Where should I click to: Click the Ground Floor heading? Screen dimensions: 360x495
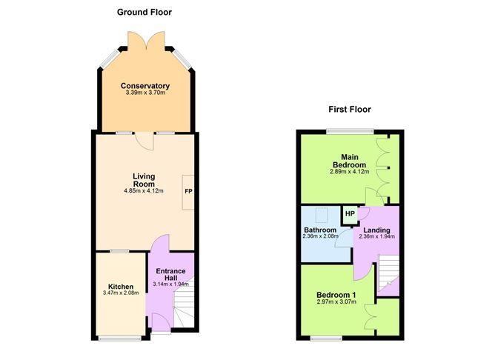144,13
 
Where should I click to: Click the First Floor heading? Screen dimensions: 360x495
350,110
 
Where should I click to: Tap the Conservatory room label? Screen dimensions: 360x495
145,86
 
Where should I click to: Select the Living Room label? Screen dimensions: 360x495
143,180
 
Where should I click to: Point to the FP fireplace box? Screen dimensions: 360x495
188,191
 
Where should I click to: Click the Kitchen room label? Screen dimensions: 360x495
121,287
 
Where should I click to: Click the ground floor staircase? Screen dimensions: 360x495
185,305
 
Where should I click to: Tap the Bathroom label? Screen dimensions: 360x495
320,230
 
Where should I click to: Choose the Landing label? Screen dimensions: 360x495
376,230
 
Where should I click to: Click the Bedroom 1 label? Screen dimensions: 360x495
337,295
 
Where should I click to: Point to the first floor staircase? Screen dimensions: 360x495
388,273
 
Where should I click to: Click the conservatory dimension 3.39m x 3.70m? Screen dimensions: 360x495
145,94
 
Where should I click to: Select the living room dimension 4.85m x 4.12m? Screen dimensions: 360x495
143,191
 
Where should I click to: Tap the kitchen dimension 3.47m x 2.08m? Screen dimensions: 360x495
121,295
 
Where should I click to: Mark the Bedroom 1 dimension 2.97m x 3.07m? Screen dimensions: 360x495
337,303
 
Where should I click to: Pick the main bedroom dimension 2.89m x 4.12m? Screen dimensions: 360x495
345,172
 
